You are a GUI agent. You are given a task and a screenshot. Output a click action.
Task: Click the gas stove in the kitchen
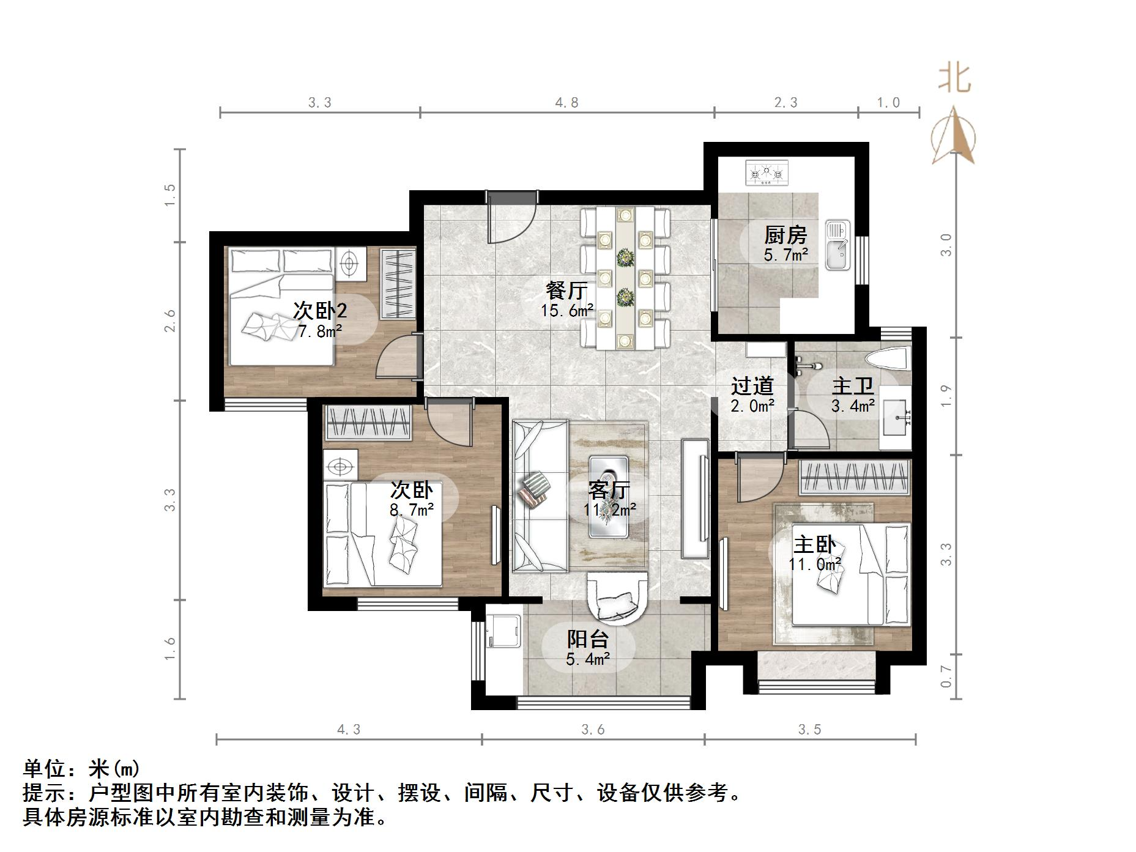click(x=767, y=173)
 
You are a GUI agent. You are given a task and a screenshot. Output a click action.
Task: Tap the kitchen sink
click(x=837, y=245)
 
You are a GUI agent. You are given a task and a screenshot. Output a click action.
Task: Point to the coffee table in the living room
click(x=609, y=497)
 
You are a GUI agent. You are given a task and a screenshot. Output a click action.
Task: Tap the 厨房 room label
click(x=785, y=235)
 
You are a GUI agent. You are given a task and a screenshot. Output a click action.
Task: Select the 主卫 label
click(x=852, y=387)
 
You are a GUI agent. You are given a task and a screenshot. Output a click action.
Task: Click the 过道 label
click(x=752, y=387)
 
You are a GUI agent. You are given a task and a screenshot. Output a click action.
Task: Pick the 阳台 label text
click(x=587, y=639)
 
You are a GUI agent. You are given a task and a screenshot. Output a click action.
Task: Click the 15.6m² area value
click(x=566, y=311)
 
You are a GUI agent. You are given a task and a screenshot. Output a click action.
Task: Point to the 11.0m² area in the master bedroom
click(x=815, y=564)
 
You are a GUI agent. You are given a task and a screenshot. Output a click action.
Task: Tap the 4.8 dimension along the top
click(x=566, y=103)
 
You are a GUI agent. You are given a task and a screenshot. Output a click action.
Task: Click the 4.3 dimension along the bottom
click(x=349, y=729)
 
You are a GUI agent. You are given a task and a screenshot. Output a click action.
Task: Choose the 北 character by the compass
click(x=954, y=78)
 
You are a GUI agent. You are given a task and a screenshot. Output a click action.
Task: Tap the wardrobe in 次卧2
click(x=397, y=283)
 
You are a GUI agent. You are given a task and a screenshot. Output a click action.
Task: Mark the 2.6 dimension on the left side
click(x=169, y=321)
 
